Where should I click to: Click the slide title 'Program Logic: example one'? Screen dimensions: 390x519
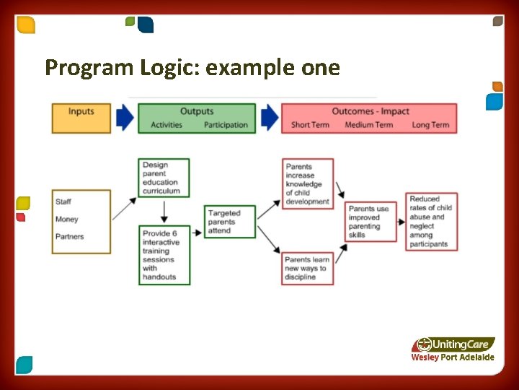click(192, 68)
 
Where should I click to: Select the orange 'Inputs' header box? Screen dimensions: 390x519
click(81, 118)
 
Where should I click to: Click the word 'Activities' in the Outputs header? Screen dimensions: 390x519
click(167, 125)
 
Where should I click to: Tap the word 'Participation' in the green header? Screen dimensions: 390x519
click(226, 125)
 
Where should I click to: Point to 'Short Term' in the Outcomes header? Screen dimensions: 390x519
click(310, 125)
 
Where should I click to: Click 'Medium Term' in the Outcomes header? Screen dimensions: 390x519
click(369, 125)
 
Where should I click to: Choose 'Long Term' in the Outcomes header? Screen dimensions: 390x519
click(430, 125)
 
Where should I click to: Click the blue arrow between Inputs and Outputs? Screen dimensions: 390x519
click(125, 118)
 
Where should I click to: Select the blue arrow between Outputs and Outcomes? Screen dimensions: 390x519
click(269, 118)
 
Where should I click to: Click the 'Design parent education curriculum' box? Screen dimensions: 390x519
click(164, 178)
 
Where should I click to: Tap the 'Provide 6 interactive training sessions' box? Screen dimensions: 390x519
click(164, 255)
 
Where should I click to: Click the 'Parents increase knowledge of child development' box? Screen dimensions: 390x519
click(308, 184)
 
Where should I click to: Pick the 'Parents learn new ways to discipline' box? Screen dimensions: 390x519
click(308, 268)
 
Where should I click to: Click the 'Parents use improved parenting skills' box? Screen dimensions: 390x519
click(371, 222)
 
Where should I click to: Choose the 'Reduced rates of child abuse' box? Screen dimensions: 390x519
click(432, 222)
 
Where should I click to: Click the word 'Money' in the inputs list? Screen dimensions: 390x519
click(66, 220)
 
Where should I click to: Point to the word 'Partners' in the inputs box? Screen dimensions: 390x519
click(69, 237)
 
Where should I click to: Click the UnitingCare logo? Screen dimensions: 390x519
click(454, 344)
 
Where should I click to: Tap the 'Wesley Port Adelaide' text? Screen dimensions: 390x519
click(453, 357)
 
